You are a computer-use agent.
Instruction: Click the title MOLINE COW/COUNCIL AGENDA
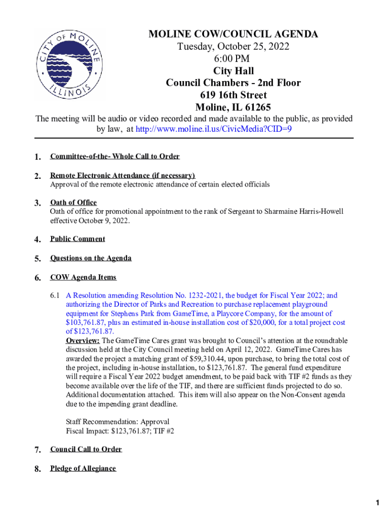click(233, 34)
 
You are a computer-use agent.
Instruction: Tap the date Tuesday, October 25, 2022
click(233, 47)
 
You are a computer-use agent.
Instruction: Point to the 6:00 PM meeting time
click(233, 59)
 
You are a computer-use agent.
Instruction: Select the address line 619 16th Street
click(233, 95)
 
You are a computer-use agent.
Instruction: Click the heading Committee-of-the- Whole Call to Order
click(114, 157)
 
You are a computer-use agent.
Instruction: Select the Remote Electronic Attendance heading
click(122, 176)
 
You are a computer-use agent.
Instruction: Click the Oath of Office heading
click(73, 203)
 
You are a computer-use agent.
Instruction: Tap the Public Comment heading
click(77, 239)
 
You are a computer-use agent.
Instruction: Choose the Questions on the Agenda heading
click(91, 258)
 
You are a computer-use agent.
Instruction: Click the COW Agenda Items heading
click(83, 277)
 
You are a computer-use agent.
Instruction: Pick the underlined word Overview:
click(83, 341)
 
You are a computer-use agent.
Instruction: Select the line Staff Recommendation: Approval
click(118, 422)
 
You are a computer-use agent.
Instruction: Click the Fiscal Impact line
click(120, 431)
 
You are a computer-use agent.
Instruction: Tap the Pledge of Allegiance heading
click(83, 468)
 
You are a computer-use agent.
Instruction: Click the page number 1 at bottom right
click(377, 503)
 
